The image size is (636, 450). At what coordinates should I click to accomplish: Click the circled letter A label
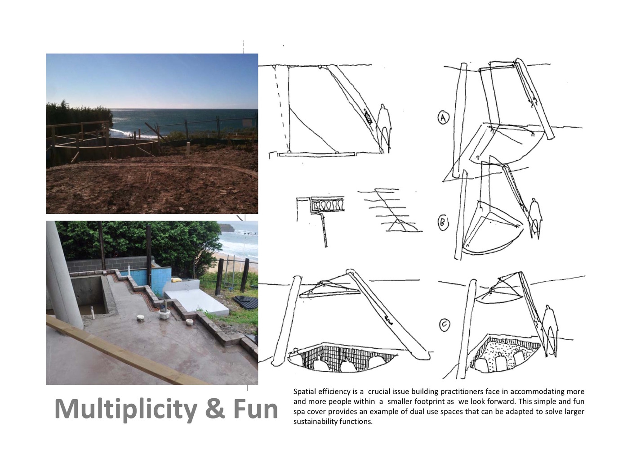click(443, 117)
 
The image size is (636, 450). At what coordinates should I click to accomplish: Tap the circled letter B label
click(443, 223)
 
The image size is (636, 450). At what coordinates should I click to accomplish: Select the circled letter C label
click(445, 325)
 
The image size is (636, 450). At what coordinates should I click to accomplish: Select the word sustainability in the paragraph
click(315, 422)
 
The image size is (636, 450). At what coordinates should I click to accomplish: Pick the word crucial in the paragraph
click(379, 391)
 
